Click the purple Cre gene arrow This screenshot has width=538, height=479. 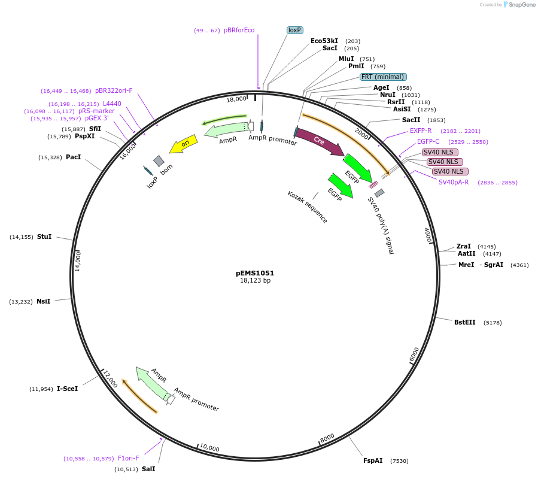pyautogui.click(x=320, y=143)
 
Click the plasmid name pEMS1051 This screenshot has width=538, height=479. pyautogui.click(x=255, y=273)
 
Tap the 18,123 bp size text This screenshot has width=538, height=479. pyautogui.click(x=255, y=280)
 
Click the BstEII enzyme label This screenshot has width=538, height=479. pyautogui.click(x=464, y=322)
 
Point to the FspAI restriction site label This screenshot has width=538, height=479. pyautogui.click(x=373, y=460)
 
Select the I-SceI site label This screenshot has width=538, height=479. pyautogui.click(x=67, y=389)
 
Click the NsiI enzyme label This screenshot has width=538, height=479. pyautogui.click(x=43, y=301)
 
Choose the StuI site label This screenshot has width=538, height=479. pyautogui.click(x=44, y=237)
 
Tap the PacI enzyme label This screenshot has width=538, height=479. pyautogui.click(x=73, y=157)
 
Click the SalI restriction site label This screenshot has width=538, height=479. pyautogui.click(x=148, y=469)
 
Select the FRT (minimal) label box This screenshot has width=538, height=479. pyautogui.click(x=383, y=77)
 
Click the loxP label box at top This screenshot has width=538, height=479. pyautogui.click(x=294, y=30)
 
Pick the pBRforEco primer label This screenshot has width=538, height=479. pyautogui.click(x=239, y=30)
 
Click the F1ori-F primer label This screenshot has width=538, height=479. pyautogui.click(x=128, y=458)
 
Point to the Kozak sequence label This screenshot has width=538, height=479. pyautogui.click(x=308, y=207)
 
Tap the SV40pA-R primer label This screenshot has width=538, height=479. pyautogui.click(x=454, y=182)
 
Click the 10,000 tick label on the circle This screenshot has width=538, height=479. pyautogui.click(x=209, y=448)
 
